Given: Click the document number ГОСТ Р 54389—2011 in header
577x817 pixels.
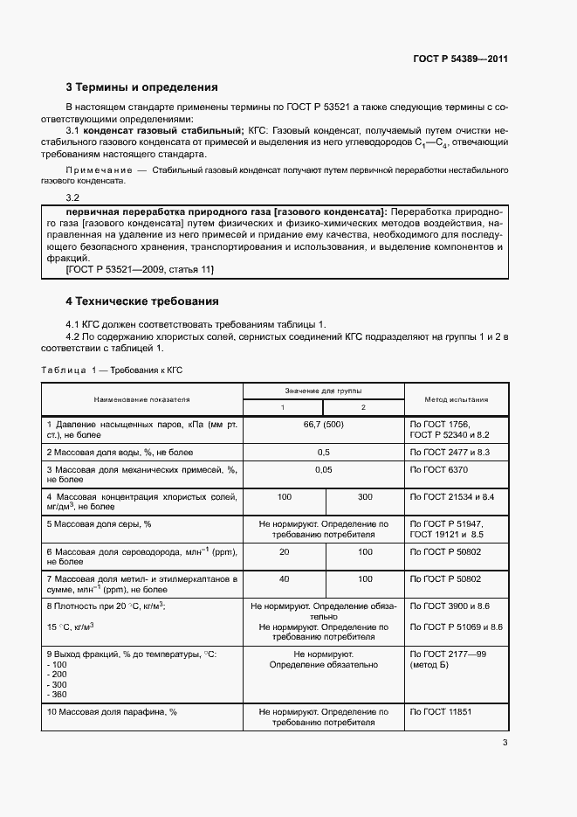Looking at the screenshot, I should tap(460, 59).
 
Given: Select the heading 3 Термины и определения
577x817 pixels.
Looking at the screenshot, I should tap(142, 87).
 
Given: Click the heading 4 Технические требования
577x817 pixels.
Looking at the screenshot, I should tap(142, 301).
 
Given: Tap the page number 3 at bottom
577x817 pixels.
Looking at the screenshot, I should tap(505, 743).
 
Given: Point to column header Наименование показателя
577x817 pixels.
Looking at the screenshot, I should tap(141, 399).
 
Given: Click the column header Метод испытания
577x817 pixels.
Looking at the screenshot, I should tap(456, 399).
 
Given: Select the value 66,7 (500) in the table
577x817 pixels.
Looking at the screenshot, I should tap(323, 423).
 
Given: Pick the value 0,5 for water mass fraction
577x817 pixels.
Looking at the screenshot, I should tap(323, 452).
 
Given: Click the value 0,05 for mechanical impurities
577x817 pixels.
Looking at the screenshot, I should tap(323, 470).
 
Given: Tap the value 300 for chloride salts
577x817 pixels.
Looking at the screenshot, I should tap(365, 496).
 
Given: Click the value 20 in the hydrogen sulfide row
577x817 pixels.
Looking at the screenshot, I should tap(284, 552).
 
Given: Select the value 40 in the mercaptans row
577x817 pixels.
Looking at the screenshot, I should tap(284, 578).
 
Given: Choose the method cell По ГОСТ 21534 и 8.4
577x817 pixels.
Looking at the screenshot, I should tap(452, 496).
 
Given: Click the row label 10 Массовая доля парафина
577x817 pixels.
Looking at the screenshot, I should tap(112, 712).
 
